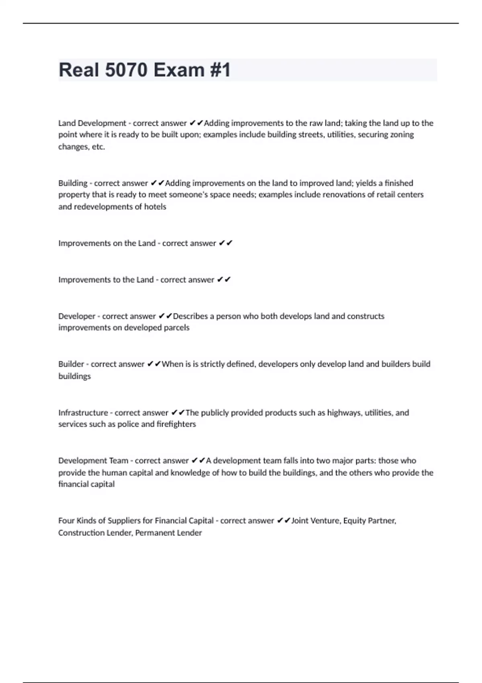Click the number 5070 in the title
pyautogui.click(x=126, y=70)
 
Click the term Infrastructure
pyautogui.click(x=83, y=413)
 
